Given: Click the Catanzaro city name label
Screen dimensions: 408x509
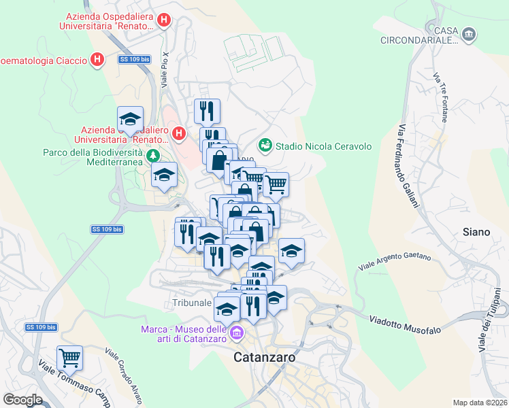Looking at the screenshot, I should click(264, 356).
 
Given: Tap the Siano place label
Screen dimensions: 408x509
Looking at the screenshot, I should click(476, 232).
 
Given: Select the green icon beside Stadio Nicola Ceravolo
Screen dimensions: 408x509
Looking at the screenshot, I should click(265, 146).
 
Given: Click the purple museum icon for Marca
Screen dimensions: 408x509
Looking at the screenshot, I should click(237, 333).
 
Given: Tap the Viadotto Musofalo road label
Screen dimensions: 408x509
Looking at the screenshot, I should click(405, 324).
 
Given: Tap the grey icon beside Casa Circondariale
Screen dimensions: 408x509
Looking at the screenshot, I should click(468, 33).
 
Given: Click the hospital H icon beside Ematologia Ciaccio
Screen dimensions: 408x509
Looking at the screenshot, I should click(97, 60).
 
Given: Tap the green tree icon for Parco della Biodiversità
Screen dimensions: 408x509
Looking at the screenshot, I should click(154, 155).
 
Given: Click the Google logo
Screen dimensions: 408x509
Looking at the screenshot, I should click(22, 399).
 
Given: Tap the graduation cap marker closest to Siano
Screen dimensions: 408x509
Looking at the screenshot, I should click(291, 252).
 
